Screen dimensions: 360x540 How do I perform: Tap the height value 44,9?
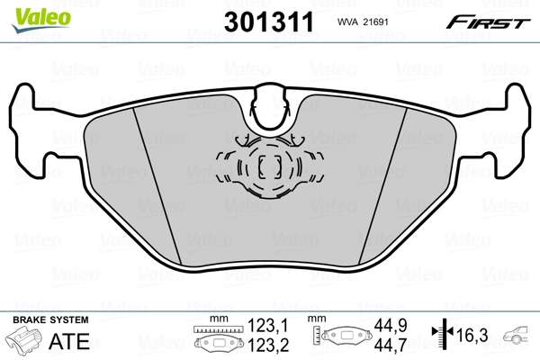tap(390, 326)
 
